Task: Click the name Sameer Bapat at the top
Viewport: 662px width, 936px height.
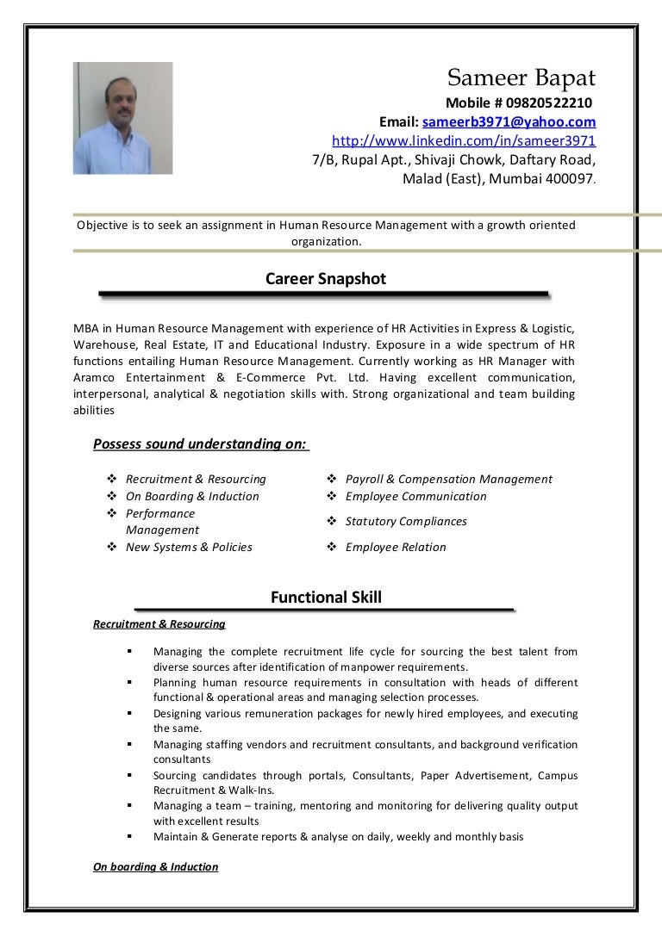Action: pyautogui.click(x=521, y=78)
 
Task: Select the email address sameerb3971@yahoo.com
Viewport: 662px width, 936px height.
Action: pyautogui.click(x=509, y=122)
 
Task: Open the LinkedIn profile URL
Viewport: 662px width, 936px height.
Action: pyautogui.click(x=464, y=140)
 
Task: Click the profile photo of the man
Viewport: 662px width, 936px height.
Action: pyautogui.click(x=122, y=118)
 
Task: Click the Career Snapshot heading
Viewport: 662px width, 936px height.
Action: pyautogui.click(x=325, y=279)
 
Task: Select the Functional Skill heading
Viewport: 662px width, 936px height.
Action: pyautogui.click(x=325, y=598)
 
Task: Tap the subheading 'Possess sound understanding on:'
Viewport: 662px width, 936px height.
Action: pyautogui.click(x=199, y=444)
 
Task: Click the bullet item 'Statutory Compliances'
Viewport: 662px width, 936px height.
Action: pyautogui.click(x=406, y=521)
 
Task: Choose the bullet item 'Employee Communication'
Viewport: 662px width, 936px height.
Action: pyautogui.click(x=415, y=496)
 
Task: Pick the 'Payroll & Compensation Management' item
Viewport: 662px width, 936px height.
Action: pyautogui.click(x=448, y=479)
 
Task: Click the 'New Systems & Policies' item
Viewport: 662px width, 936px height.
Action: pyautogui.click(x=189, y=547)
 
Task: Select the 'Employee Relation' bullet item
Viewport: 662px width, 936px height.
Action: pyautogui.click(x=396, y=547)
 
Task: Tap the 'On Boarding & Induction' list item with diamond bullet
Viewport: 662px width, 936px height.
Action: pyautogui.click(x=192, y=496)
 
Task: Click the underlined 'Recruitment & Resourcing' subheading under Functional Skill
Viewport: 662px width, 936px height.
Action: pyautogui.click(x=159, y=624)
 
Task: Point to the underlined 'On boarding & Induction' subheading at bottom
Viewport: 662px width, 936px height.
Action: pyautogui.click(x=155, y=867)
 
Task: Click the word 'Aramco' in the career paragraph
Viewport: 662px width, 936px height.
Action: pyautogui.click(x=96, y=378)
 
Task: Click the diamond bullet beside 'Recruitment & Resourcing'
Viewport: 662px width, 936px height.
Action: pyautogui.click(x=112, y=479)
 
